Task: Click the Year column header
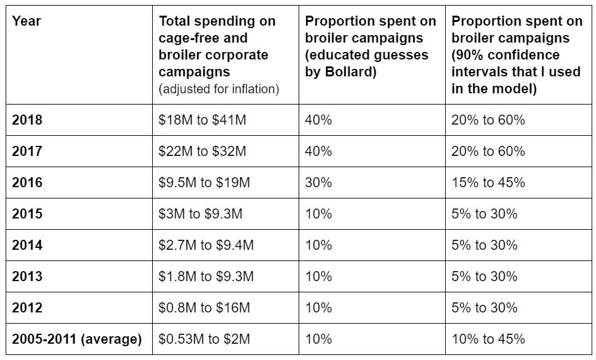pos(26,21)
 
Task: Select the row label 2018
pos(27,120)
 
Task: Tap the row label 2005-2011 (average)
pos(76,339)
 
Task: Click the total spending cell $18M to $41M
pos(202,120)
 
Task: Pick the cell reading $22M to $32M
pos(202,152)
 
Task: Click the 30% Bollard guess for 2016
pos(318,183)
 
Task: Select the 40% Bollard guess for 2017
pos(318,152)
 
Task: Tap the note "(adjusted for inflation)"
pos(219,89)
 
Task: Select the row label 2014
pos(27,245)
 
